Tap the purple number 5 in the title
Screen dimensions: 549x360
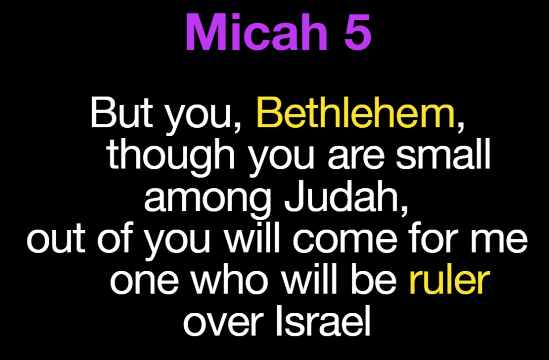pos(358,33)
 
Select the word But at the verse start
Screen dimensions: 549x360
pos(121,113)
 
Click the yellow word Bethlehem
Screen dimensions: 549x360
pos(355,113)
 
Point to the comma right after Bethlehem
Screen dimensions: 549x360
pos(461,127)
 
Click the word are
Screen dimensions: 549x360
pos(355,159)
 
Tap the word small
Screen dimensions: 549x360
pos(443,154)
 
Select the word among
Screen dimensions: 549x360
pos(207,200)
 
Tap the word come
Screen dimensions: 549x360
pos(345,242)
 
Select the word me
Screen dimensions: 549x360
pos(499,242)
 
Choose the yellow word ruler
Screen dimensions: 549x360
pos(449,280)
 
